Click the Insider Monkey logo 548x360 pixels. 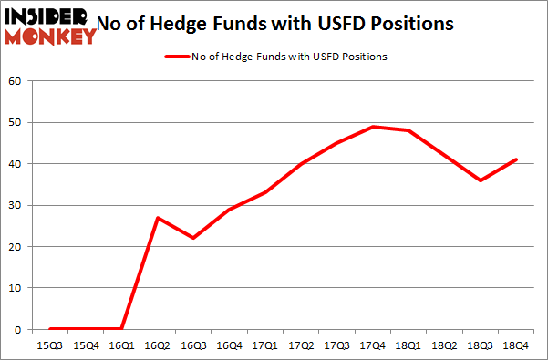point(50,25)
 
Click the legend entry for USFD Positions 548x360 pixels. point(274,57)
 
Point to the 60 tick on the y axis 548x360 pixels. point(15,81)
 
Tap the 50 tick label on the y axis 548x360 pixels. point(15,122)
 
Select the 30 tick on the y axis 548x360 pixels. point(15,205)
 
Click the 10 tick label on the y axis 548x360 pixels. point(15,288)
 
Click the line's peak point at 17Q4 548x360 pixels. point(373,127)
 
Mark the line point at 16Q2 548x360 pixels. point(157,218)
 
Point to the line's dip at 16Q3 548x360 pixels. point(192,238)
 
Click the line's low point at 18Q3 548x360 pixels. point(481,180)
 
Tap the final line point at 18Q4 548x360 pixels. point(517,159)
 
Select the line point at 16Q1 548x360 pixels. point(120,329)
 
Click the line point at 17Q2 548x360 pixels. point(301,164)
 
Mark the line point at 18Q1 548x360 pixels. point(409,130)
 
